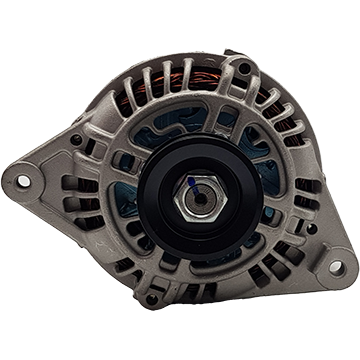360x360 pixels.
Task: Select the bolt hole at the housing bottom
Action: coord(150,297)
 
